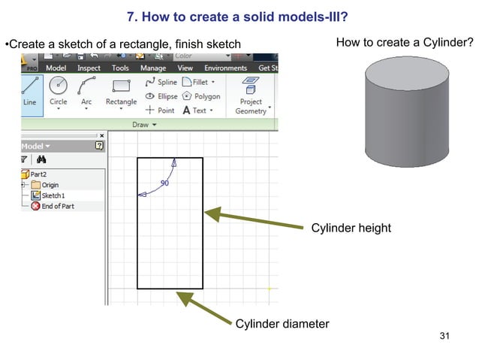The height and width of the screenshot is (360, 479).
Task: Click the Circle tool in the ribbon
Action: (x=58, y=90)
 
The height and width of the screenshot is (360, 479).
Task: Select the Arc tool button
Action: (x=87, y=90)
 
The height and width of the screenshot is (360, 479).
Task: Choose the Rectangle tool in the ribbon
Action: (x=121, y=90)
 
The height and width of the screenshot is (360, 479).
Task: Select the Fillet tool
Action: (x=199, y=82)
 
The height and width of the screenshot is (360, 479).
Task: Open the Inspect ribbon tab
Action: (x=89, y=68)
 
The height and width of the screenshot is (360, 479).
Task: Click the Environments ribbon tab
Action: (x=226, y=68)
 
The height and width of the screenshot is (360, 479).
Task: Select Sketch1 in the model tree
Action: (x=53, y=195)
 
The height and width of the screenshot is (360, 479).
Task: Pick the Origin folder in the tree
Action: (x=50, y=185)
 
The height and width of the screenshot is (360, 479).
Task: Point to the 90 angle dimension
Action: (x=164, y=183)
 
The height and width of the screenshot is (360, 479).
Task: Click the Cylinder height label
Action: (x=351, y=228)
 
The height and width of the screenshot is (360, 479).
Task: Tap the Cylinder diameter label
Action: (x=282, y=324)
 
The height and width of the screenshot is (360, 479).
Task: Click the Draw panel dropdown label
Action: (x=143, y=125)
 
